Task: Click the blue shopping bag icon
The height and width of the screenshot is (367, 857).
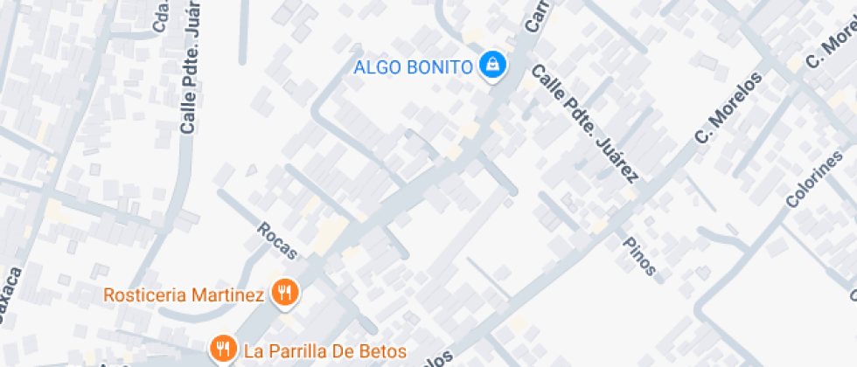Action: pos(493,66)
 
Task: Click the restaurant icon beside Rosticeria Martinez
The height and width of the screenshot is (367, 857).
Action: pos(283,293)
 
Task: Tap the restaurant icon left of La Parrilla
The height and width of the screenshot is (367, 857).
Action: pos(224,350)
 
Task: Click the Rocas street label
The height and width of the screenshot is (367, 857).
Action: pos(277,241)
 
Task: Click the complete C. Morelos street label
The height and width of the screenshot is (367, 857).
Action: pos(728,107)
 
